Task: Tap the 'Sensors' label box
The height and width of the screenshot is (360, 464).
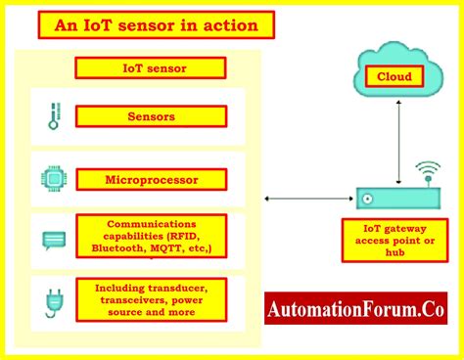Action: point(151,116)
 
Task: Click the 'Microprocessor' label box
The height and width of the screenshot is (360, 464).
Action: point(151,179)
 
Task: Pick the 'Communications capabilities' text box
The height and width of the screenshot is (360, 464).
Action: point(152,236)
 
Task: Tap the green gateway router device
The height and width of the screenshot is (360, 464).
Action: point(396,199)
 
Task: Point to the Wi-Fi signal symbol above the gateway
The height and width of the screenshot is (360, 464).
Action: point(426,174)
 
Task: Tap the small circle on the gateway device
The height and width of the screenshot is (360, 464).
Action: point(366,200)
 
